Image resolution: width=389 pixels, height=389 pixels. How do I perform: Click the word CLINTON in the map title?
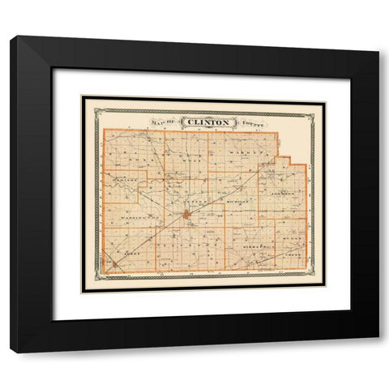click(209, 122)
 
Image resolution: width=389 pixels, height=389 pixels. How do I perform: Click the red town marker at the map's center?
click(186, 216)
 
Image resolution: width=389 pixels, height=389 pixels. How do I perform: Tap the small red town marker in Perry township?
click(115, 263)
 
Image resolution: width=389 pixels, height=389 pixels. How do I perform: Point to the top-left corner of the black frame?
click(11, 37)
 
